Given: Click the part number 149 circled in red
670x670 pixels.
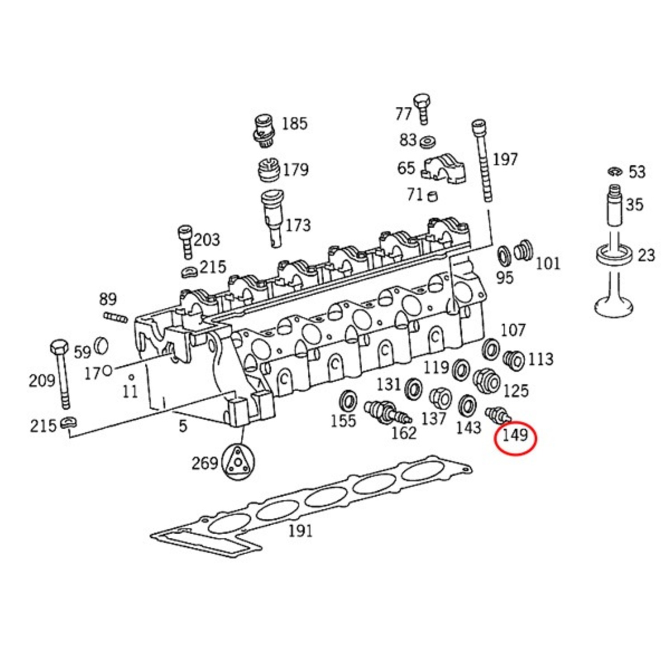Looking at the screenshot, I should [x=515, y=435].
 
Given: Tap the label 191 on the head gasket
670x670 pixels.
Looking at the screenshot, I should [x=300, y=531].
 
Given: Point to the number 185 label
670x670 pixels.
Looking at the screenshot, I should [x=294, y=123].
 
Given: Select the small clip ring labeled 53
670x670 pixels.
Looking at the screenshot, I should [x=615, y=172].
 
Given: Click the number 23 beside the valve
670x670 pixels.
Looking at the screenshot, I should [x=646, y=255].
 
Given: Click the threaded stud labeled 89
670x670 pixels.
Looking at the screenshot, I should [x=116, y=318].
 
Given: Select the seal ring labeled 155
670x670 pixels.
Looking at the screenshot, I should [x=348, y=400].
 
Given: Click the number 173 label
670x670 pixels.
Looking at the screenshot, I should [x=297, y=225].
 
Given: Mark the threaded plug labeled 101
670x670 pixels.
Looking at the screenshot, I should [x=523, y=251].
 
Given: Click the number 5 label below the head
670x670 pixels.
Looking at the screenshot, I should [x=183, y=426].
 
